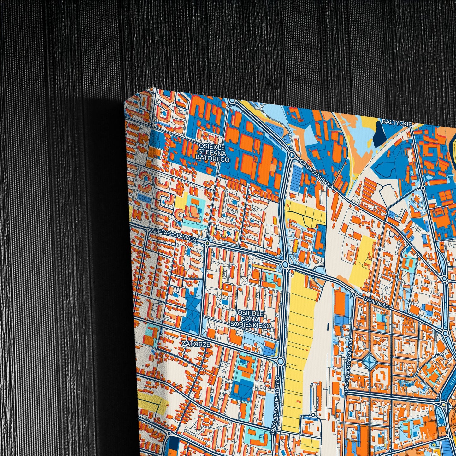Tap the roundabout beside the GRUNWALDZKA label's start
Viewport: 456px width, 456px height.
(x=292, y=155)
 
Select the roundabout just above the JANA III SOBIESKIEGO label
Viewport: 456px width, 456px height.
(x=280, y=360)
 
